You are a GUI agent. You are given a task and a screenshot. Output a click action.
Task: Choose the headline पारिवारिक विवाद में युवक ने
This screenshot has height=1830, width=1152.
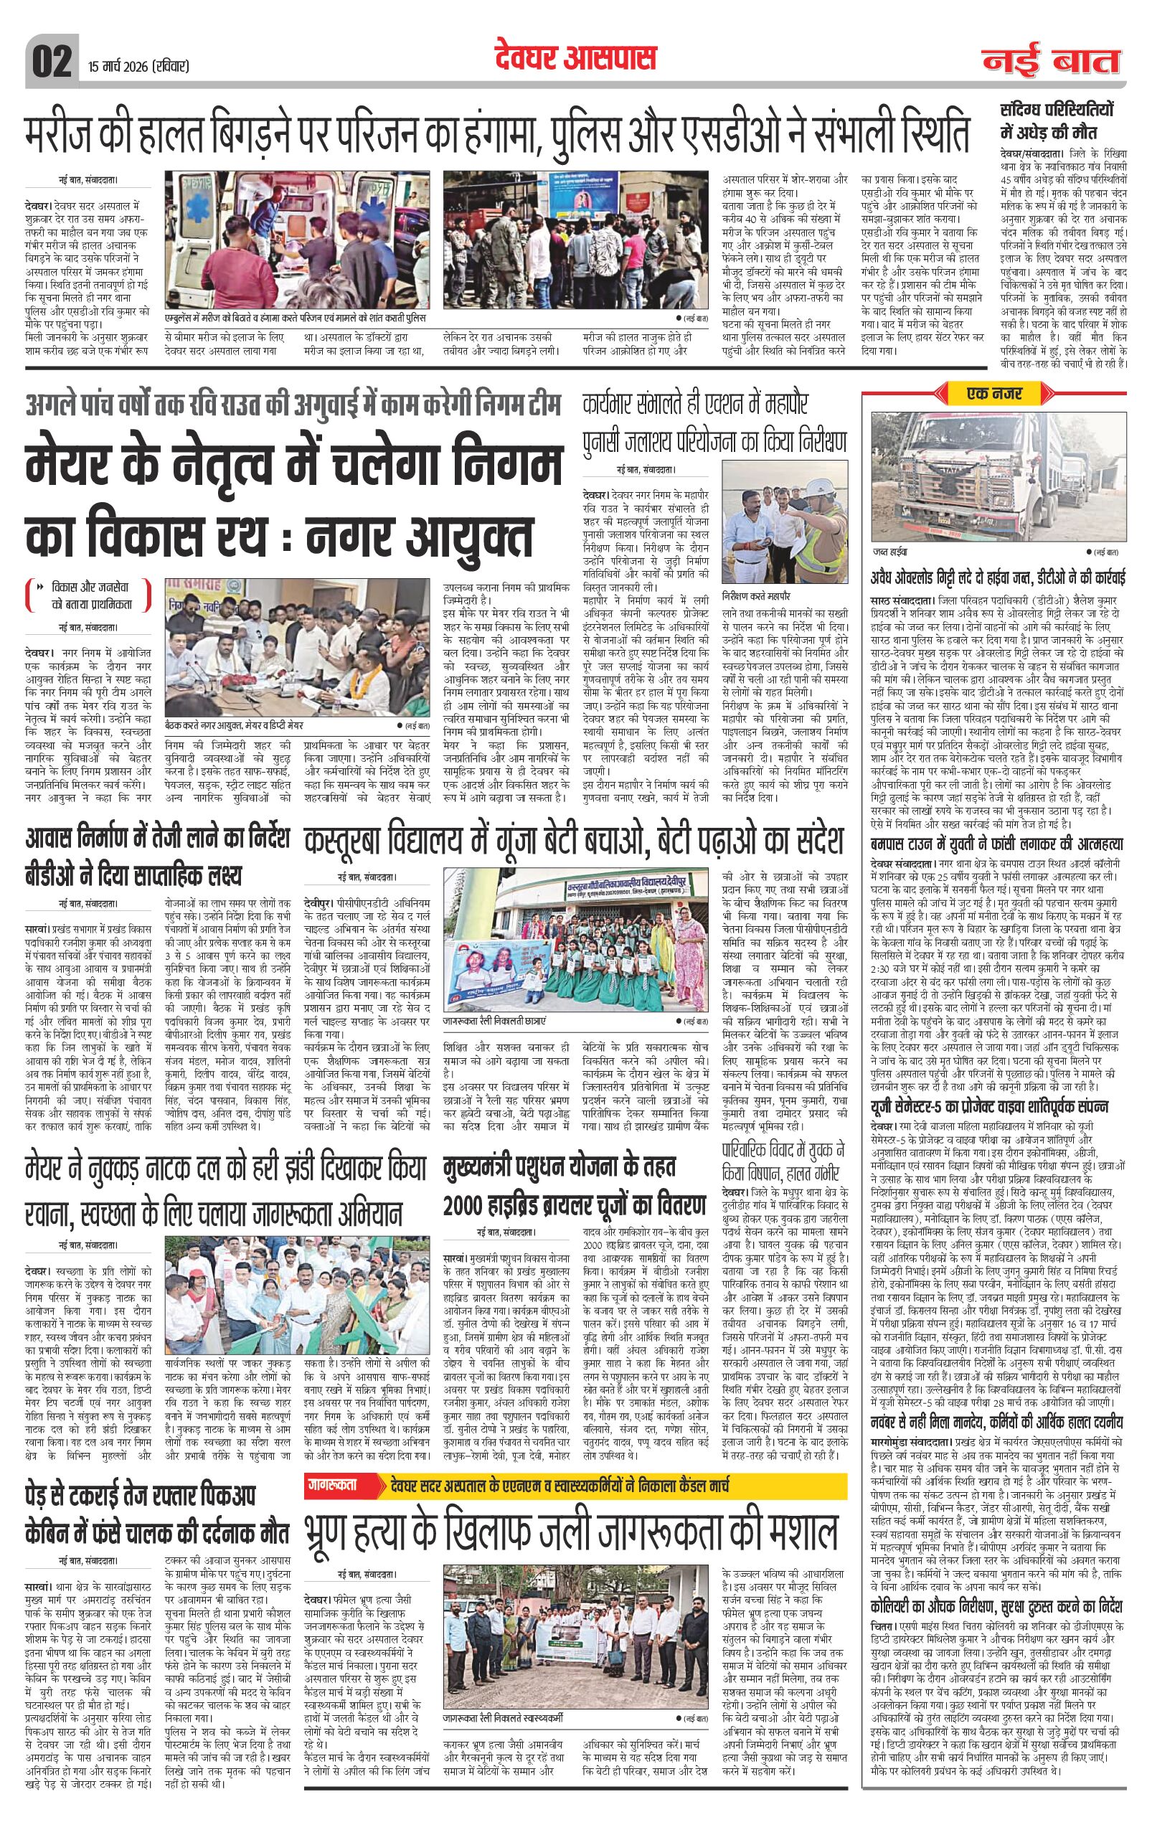point(783,1149)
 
